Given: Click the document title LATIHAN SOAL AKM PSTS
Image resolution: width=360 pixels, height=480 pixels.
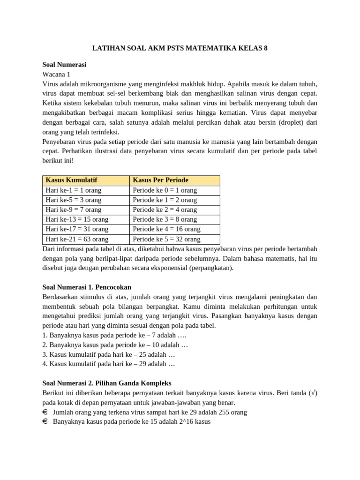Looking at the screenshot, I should (x=180, y=48).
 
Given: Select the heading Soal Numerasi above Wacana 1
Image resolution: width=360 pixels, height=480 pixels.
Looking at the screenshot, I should (x=64, y=65).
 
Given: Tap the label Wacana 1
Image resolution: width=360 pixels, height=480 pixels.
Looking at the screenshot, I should (x=56, y=74).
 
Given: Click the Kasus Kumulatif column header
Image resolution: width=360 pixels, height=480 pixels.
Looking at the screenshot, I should (x=71, y=180).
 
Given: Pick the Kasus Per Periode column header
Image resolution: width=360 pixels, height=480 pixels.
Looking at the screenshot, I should (x=160, y=180).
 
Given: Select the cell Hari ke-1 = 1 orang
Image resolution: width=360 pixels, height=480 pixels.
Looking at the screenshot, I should (x=74, y=190).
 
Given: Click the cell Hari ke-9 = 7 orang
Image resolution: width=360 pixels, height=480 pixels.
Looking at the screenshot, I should (x=74, y=210).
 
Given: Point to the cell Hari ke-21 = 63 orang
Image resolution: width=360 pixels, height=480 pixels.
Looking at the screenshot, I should (x=77, y=239).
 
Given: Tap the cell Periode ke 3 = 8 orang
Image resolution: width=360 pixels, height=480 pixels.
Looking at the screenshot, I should (x=165, y=219).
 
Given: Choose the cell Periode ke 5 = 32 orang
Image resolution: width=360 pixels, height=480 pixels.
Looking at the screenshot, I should (x=166, y=239).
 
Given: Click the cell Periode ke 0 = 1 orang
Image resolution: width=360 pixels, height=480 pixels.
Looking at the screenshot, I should (x=165, y=190).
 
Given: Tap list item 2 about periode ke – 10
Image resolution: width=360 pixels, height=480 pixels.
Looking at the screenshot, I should (x=115, y=345).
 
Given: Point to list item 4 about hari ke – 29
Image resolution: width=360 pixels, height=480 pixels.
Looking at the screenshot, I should (x=109, y=364).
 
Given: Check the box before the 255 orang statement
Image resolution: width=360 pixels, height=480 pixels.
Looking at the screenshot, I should (x=45, y=412).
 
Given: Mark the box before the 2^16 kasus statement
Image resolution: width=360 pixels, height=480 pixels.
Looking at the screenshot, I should (x=45, y=421).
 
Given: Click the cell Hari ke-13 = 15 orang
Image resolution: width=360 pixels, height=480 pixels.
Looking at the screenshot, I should (x=77, y=219).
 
